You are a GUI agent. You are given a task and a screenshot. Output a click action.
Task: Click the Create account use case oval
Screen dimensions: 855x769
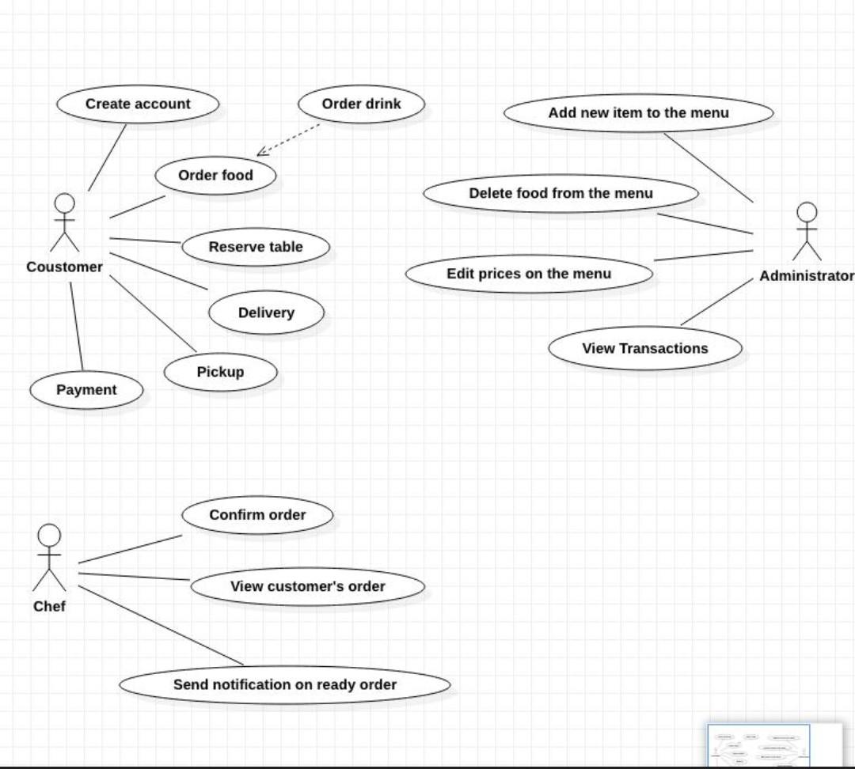(138, 104)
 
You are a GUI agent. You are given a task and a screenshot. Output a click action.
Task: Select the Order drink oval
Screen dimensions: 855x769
(362, 104)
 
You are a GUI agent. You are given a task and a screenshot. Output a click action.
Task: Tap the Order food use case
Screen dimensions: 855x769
(216, 176)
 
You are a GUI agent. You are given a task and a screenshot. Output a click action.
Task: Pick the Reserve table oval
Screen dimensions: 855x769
(256, 247)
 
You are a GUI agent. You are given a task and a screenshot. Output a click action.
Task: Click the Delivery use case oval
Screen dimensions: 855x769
(267, 313)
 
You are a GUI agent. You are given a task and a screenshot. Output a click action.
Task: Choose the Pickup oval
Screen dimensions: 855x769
(221, 373)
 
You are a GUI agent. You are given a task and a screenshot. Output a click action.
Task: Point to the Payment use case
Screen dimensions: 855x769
(87, 390)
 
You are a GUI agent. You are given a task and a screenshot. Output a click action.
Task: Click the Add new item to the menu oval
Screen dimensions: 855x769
(639, 113)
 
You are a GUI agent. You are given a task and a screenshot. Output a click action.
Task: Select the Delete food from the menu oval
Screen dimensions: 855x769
(561, 193)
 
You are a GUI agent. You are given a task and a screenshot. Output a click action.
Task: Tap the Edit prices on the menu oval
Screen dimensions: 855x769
(529, 274)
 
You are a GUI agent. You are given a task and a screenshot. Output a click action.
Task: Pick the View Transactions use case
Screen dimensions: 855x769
(645, 348)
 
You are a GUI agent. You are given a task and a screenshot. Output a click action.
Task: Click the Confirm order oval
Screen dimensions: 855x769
(257, 515)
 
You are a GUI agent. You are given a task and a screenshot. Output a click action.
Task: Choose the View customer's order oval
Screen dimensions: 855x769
(307, 586)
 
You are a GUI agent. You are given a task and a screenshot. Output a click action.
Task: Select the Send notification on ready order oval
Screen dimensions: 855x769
(285, 684)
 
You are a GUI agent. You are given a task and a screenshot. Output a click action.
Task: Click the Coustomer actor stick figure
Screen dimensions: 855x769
(65, 222)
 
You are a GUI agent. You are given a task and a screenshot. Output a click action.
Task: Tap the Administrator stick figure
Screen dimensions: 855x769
(807, 232)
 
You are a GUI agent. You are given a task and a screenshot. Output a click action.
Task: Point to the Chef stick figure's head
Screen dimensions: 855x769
(49, 536)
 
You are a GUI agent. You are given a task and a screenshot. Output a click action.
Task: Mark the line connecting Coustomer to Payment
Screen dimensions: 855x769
(77, 326)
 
